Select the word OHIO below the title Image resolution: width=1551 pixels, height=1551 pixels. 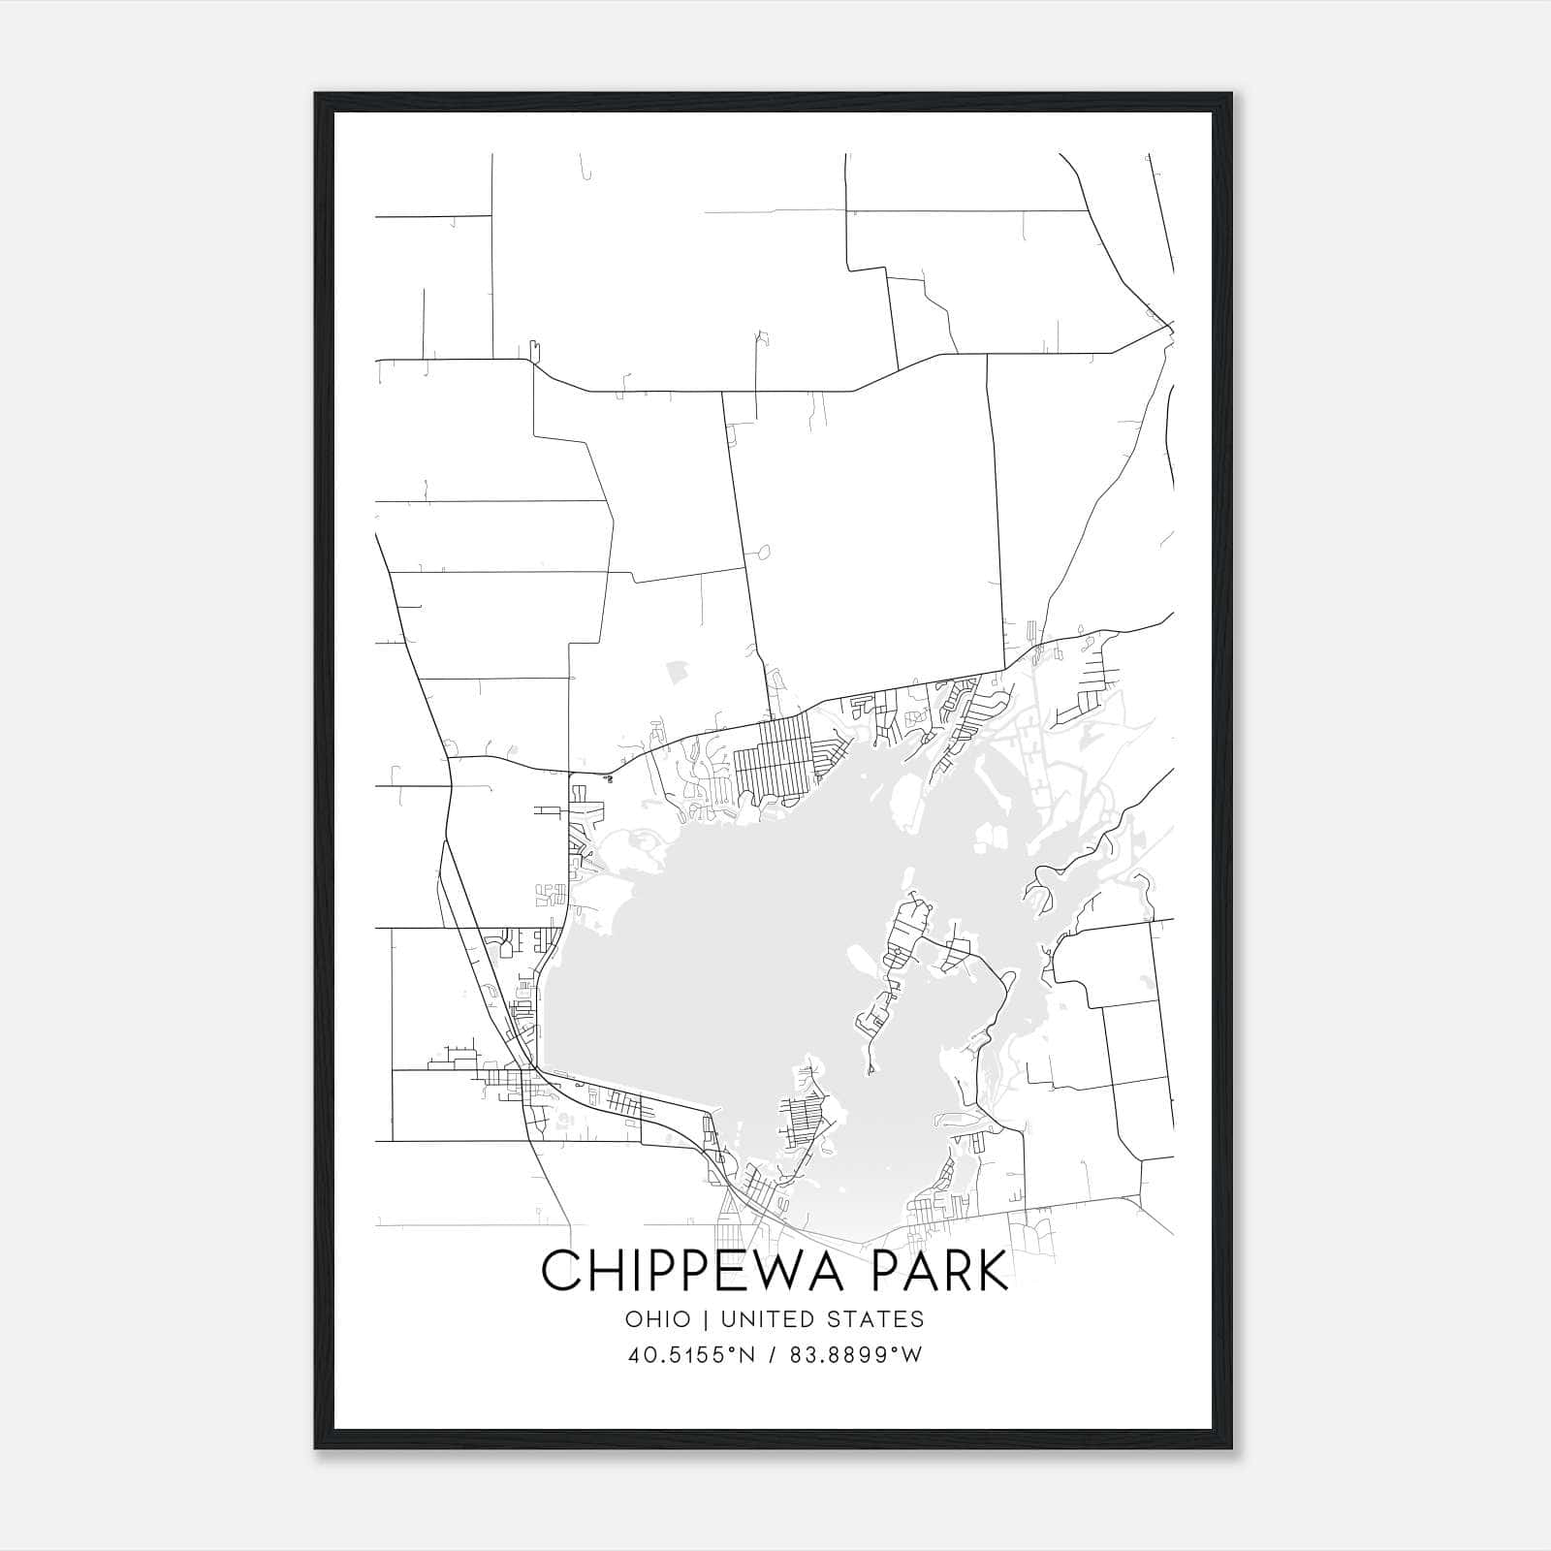point(658,1319)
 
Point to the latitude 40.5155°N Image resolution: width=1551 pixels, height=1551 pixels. point(690,1355)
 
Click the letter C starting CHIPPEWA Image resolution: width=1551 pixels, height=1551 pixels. point(560,1271)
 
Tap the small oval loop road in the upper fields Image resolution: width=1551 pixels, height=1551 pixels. point(762,554)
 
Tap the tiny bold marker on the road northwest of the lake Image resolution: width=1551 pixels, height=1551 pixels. point(608,777)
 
